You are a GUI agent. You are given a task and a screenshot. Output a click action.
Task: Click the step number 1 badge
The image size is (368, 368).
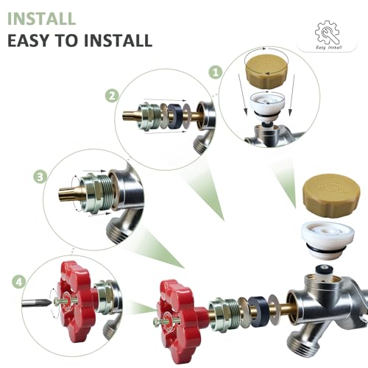click(216, 72)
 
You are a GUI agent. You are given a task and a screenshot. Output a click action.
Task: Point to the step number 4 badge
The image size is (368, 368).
click(18, 280)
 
